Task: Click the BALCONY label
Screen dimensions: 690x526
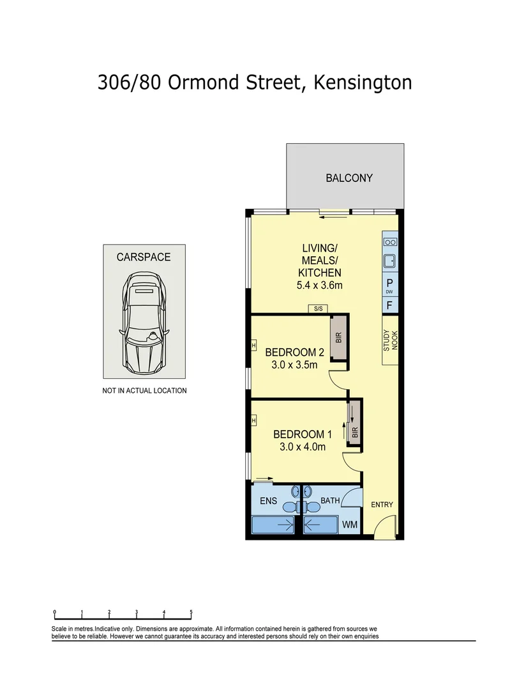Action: (x=349, y=178)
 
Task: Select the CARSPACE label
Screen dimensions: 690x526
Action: (x=144, y=257)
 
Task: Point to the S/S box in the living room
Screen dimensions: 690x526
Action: (x=317, y=309)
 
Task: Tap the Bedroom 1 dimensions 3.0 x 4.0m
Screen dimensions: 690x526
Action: (x=303, y=447)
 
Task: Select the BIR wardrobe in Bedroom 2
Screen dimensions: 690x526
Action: (x=339, y=337)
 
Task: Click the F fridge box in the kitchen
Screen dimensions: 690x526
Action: (x=389, y=306)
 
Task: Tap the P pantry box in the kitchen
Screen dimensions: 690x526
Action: (x=389, y=284)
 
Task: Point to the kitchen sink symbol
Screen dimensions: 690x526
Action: (x=389, y=260)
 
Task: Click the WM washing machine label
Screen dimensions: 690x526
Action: (x=350, y=525)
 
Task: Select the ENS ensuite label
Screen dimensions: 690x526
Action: (x=268, y=501)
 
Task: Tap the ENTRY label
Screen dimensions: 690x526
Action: (x=382, y=505)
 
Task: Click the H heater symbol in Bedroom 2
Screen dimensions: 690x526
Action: (x=253, y=346)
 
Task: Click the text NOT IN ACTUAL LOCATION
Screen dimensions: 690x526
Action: (x=144, y=390)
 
